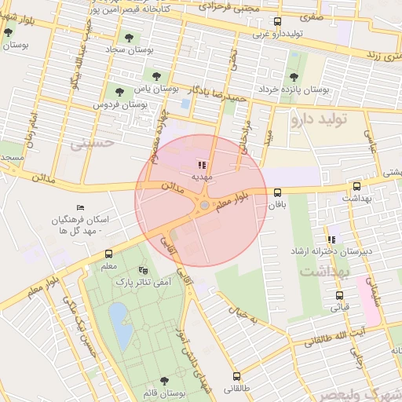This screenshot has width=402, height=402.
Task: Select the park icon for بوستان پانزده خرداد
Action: (294, 77)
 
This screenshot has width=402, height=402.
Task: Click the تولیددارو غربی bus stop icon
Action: (276, 22)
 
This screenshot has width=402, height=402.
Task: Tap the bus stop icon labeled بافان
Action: (277, 192)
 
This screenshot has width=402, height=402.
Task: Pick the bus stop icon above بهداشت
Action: (357, 187)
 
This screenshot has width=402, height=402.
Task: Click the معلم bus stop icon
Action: (108, 254)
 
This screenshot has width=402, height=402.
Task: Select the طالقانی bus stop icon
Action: (236, 375)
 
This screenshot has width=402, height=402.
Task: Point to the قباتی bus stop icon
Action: (339, 296)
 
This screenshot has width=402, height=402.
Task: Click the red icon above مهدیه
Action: (203, 165)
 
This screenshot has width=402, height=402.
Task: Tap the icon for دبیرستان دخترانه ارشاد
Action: (331, 238)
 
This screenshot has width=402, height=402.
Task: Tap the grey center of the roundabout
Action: (204, 206)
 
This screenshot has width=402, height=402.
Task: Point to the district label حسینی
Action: (92, 144)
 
